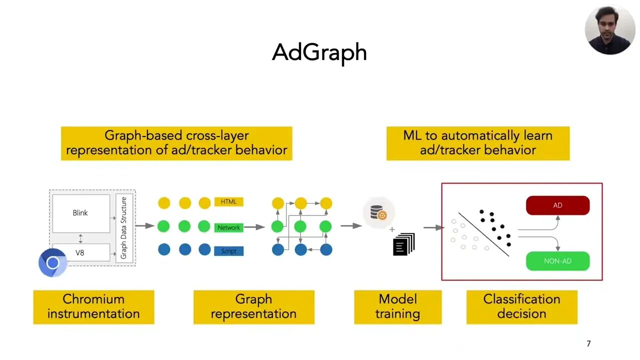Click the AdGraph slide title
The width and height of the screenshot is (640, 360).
pos(319,52)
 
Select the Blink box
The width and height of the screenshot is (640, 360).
pos(80,213)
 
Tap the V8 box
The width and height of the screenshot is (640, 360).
pos(80,252)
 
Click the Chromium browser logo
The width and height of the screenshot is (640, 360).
pos(52,262)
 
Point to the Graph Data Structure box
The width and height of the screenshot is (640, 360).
pos(124,227)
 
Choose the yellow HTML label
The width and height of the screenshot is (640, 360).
pos(228,202)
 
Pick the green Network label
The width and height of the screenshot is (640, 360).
pos(228,227)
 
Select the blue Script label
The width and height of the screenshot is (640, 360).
pos(228,251)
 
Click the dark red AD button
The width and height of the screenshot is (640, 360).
pos(557,205)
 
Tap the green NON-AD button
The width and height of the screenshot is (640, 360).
pos(557,261)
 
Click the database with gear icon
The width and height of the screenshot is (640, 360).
pos(378,213)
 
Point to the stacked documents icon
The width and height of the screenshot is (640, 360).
pos(404,244)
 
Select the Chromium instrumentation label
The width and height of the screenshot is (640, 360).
pos(93,306)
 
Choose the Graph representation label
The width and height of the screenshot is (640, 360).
pos(253,306)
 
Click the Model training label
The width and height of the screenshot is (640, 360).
pos(397,306)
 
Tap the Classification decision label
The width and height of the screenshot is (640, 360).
pos(521,306)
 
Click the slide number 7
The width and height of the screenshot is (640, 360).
pos(588,343)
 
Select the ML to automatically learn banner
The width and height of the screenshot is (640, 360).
pos(477,143)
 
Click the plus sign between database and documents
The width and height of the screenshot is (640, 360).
pos(392,230)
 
